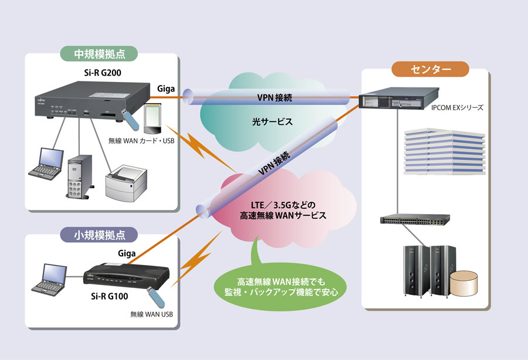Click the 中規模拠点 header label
pyautogui.click(x=99, y=55)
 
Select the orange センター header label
pyautogui.click(x=431, y=69)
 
